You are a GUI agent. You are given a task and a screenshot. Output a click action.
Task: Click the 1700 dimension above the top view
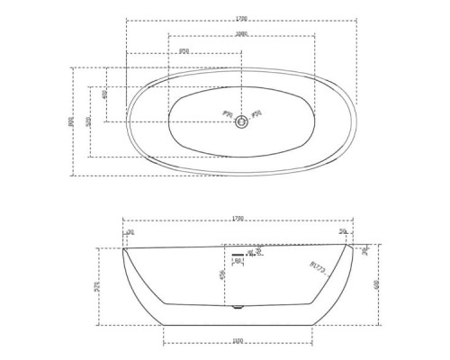tap(241, 18)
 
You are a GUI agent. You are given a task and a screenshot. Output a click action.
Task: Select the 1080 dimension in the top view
tap(241, 33)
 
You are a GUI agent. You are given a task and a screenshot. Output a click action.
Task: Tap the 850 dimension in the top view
tap(184, 50)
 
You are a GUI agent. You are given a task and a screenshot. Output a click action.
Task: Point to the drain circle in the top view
tap(241, 122)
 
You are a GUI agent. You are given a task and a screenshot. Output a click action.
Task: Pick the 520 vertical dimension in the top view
tap(88, 121)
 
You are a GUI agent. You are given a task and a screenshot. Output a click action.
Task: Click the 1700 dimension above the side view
tap(238, 218)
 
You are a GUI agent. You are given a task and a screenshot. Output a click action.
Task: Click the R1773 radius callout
tap(317, 266)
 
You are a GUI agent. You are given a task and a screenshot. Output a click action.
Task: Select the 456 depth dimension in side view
tap(221, 275)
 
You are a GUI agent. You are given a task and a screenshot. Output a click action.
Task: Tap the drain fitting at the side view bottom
tap(238, 308)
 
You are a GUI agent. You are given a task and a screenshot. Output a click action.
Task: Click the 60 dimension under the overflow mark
tap(238, 262)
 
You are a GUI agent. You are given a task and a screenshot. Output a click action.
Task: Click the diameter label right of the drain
tap(256, 114)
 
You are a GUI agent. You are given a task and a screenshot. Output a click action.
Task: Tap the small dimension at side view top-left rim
tap(130, 232)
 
